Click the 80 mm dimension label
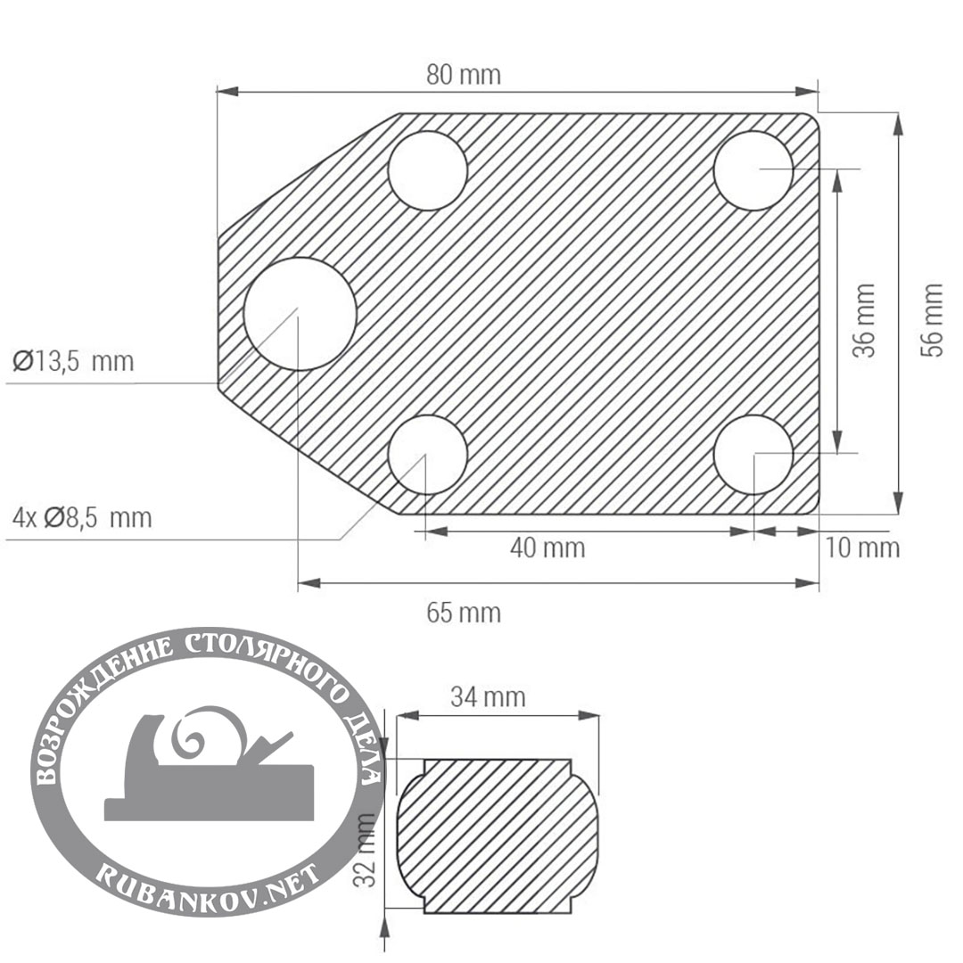[464, 75]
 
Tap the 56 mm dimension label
[931, 319]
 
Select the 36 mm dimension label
[863, 320]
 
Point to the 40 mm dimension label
[547, 547]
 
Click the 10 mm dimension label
[861, 547]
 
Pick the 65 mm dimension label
[464, 613]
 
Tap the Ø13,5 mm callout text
[73, 361]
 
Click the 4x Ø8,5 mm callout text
[82, 518]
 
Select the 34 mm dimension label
[489, 697]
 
